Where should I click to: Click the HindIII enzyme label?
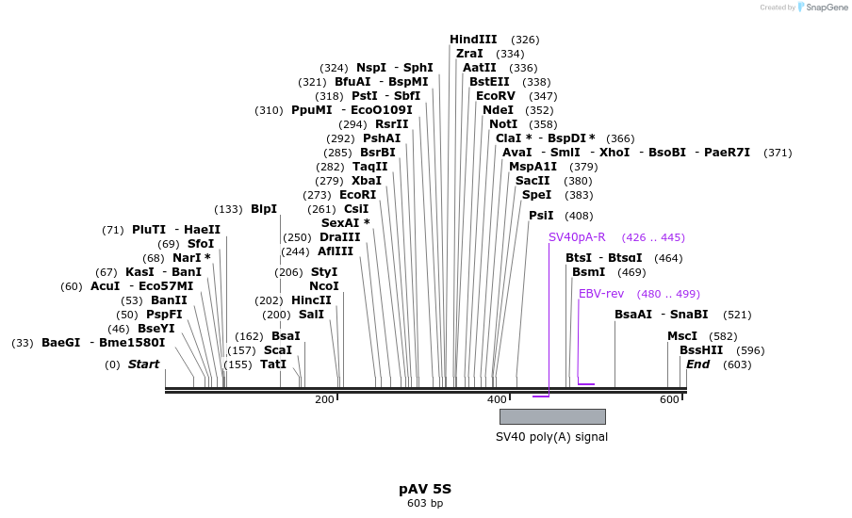tap(473, 40)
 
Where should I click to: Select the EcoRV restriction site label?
tap(496, 96)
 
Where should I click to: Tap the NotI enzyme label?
tap(502, 124)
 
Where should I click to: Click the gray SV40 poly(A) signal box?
tap(552, 416)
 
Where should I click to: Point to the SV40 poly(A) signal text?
tap(551, 437)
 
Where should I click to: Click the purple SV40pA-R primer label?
tap(577, 237)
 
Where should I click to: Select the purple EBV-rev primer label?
tap(601, 294)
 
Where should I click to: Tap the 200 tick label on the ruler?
tap(324, 400)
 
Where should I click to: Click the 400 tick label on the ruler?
tap(496, 400)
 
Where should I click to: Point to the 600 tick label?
tap(668, 400)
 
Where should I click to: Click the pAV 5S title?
tap(425, 489)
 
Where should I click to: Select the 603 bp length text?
tap(425, 504)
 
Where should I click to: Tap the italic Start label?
tap(143, 364)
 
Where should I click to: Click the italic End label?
tap(697, 364)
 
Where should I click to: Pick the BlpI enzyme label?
tap(264, 209)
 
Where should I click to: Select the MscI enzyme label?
tap(682, 336)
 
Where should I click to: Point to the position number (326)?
tap(525, 40)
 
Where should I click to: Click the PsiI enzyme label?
tap(541, 216)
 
